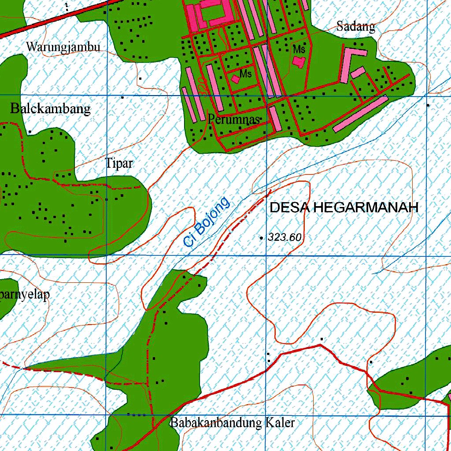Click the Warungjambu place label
pyautogui.click(x=63, y=47)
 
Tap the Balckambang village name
pyautogui.click(x=51, y=109)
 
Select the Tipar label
pyautogui.click(x=119, y=164)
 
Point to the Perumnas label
pyautogui.click(x=233, y=119)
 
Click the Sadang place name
pyautogui.click(x=356, y=26)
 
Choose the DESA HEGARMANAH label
pyautogui.click(x=344, y=208)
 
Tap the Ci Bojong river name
pyautogui.click(x=207, y=222)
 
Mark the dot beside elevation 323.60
pyautogui.click(x=262, y=238)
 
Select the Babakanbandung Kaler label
pyautogui.click(x=233, y=423)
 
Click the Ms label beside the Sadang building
pyautogui.click(x=299, y=49)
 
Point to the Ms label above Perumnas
pyautogui.click(x=246, y=74)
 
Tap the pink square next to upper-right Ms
pyautogui.click(x=299, y=62)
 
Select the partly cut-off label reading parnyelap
pyautogui.click(x=24, y=295)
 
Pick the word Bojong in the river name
pyautogui.click(x=213, y=215)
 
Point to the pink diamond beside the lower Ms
pyautogui.click(x=236, y=79)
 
